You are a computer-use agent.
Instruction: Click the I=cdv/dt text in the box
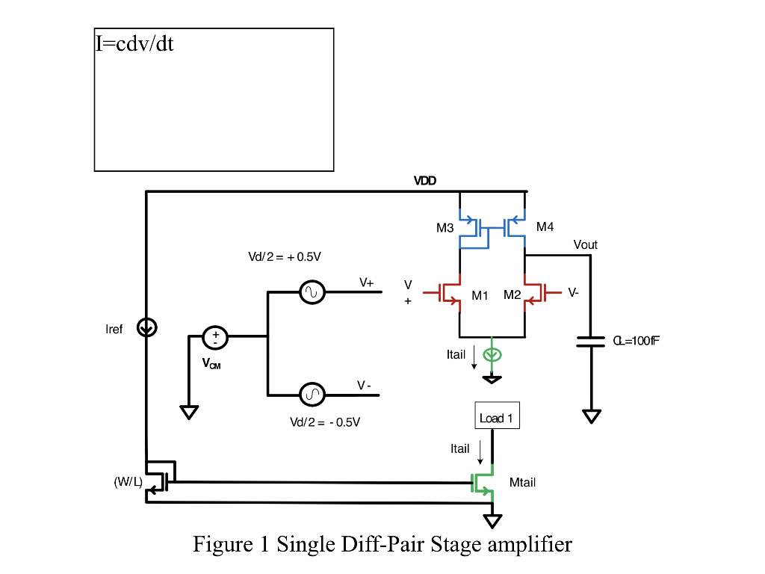click(134, 43)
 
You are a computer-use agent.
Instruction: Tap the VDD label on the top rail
click(425, 181)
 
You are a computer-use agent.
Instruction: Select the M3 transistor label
click(445, 228)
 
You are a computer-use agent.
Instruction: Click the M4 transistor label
click(545, 226)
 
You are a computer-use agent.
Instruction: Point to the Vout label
click(585, 244)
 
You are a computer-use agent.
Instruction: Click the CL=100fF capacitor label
click(635, 341)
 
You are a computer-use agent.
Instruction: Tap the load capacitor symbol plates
click(591, 342)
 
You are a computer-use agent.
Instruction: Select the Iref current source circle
click(147, 327)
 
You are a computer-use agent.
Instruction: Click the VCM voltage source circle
click(215, 337)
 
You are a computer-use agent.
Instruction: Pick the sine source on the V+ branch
click(312, 292)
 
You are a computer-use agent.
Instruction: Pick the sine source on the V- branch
click(312, 394)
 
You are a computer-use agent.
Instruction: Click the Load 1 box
click(497, 417)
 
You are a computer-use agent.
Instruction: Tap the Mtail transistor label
click(522, 483)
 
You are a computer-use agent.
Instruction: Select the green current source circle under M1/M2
click(492, 355)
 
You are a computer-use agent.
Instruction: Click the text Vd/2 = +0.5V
click(285, 257)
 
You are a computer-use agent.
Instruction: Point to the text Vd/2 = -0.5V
click(325, 422)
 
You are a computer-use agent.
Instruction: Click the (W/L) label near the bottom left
click(128, 481)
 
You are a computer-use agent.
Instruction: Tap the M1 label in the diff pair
click(480, 295)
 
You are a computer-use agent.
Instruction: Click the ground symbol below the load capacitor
click(591, 416)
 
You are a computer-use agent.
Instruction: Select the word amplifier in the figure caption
click(530, 544)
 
